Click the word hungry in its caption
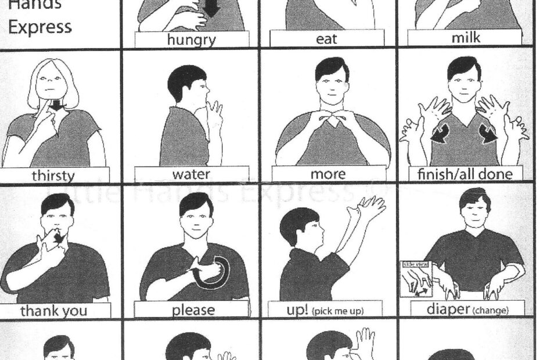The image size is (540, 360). [x=191, y=39]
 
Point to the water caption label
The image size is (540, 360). [x=191, y=174]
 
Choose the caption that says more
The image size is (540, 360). [x=328, y=174]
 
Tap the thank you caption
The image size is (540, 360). [x=54, y=311]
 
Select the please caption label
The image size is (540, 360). [x=192, y=309]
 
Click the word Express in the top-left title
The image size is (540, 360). [x=40, y=27]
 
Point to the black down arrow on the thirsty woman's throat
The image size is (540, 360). [x=56, y=106]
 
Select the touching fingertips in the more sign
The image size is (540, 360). [x=328, y=120]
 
